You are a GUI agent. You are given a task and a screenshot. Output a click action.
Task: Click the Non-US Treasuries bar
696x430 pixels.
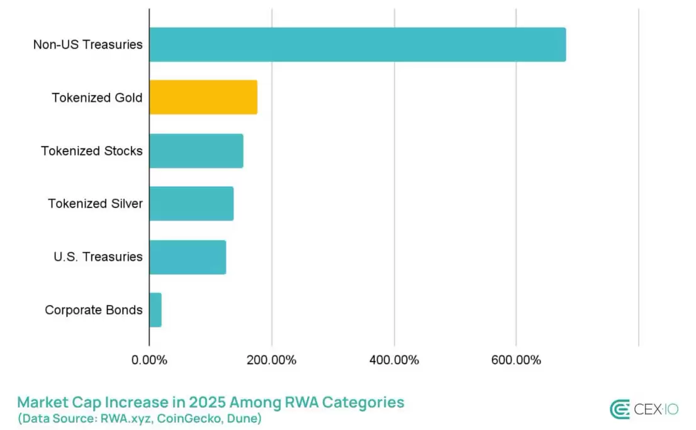coord(357,45)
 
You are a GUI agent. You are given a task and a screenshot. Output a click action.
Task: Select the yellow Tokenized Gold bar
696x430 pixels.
coord(203,97)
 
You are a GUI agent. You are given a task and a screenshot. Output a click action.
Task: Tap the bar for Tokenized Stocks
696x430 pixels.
coord(196,151)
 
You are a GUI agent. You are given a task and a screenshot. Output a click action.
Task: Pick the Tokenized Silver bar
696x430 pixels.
coord(191,204)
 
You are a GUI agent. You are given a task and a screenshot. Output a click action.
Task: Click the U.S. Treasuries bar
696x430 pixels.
coord(188,256)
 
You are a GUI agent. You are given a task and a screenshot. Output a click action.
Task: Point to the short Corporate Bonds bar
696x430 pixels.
coord(155,310)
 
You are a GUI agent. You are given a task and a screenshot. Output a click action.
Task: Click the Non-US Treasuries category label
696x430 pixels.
coord(88,45)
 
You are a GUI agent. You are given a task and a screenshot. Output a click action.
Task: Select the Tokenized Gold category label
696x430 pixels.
coord(97,98)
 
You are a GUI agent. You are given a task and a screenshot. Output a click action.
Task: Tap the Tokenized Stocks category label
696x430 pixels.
coord(92,151)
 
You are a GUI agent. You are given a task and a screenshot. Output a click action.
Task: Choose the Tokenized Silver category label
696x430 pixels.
coord(95,204)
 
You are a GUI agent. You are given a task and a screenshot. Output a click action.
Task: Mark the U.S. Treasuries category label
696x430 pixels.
coord(98,256)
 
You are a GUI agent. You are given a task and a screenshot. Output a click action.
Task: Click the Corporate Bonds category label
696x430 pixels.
coord(94,310)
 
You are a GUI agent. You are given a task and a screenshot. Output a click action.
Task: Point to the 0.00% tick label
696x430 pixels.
coord(149,360)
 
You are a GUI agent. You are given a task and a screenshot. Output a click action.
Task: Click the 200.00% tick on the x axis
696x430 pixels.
coord(271,360)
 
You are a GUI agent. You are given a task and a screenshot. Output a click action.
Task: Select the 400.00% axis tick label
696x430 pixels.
coord(394,360)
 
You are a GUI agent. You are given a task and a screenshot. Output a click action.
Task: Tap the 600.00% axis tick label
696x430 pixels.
coord(516,360)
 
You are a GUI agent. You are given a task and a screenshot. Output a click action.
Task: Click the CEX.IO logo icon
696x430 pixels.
coord(620,409)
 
